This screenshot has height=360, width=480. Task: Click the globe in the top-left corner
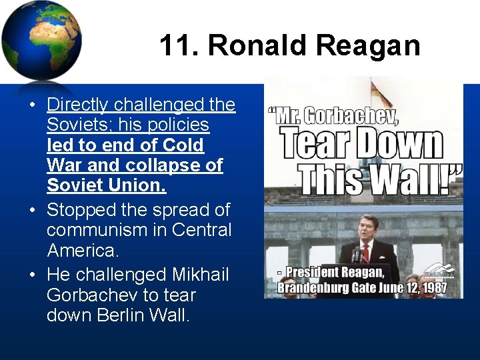(x=41, y=40)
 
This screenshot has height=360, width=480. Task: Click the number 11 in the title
(x=175, y=46)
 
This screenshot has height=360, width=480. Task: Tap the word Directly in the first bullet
(x=78, y=105)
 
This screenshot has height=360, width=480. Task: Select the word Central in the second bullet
(x=202, y=230)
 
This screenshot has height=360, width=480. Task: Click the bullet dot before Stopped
(x=32, y=211)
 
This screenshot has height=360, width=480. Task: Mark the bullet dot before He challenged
(x=32, y=275)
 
